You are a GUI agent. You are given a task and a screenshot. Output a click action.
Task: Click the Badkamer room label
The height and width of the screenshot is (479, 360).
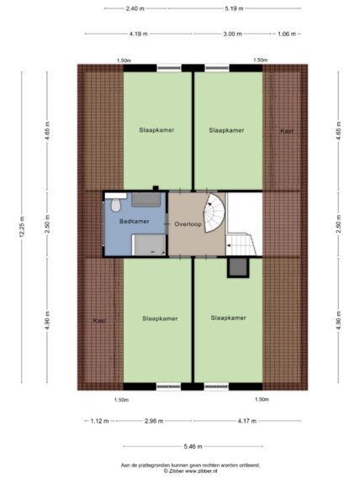(135, 221)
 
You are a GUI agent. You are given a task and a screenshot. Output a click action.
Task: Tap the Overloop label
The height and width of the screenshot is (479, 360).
(188, 224)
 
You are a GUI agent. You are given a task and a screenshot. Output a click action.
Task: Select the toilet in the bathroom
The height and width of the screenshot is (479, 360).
(115, 205)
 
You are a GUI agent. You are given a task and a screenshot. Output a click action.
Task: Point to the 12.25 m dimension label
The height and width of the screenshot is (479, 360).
(22, 227)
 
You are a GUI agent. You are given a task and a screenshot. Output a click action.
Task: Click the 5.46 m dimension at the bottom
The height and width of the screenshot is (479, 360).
(193, 446)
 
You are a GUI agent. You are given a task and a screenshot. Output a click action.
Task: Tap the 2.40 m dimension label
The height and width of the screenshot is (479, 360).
(135, 8)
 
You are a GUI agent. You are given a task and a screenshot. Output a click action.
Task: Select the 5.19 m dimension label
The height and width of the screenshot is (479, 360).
(234, 8)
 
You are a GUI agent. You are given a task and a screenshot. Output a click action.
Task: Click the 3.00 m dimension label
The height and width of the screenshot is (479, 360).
(232, 34)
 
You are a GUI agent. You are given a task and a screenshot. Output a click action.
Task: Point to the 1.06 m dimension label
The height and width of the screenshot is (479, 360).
(287, 34)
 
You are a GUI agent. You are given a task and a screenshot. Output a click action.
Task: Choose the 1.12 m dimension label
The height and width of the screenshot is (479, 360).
(99, 421)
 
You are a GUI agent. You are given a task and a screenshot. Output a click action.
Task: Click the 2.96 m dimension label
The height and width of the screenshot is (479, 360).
(154, 421)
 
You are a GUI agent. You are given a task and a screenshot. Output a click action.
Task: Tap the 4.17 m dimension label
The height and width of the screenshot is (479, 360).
(247, 421)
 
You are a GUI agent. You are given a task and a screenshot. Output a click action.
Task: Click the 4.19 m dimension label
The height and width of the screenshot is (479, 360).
(138, 34)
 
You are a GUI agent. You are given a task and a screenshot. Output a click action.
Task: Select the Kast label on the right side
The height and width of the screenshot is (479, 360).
(287, 131)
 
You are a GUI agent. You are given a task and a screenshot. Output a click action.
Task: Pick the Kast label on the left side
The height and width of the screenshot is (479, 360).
(99, 320)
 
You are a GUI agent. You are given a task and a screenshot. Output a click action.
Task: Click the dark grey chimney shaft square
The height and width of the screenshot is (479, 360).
(238, 267)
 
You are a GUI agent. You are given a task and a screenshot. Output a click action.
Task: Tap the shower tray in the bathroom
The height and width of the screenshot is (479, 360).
(149, 245)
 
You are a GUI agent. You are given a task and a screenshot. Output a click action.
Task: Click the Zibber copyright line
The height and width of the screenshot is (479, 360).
(191, 471)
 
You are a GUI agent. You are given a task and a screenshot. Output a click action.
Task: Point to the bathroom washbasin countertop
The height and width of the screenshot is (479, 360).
(146, 199)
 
